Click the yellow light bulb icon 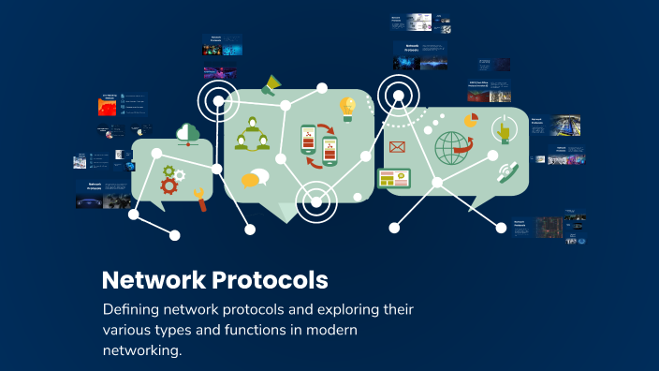[x=347, y=106]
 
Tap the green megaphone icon [x=271, y=84]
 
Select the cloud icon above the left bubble [x=188, y=133]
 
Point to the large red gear [x=169, y=185]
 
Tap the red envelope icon [x=397, y=146]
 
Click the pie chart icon [x=470, y=122]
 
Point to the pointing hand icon [x=504, y=130]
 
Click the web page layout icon [x=394, y=178]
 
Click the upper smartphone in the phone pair [x=309, y=139]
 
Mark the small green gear [x=169, y=171]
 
